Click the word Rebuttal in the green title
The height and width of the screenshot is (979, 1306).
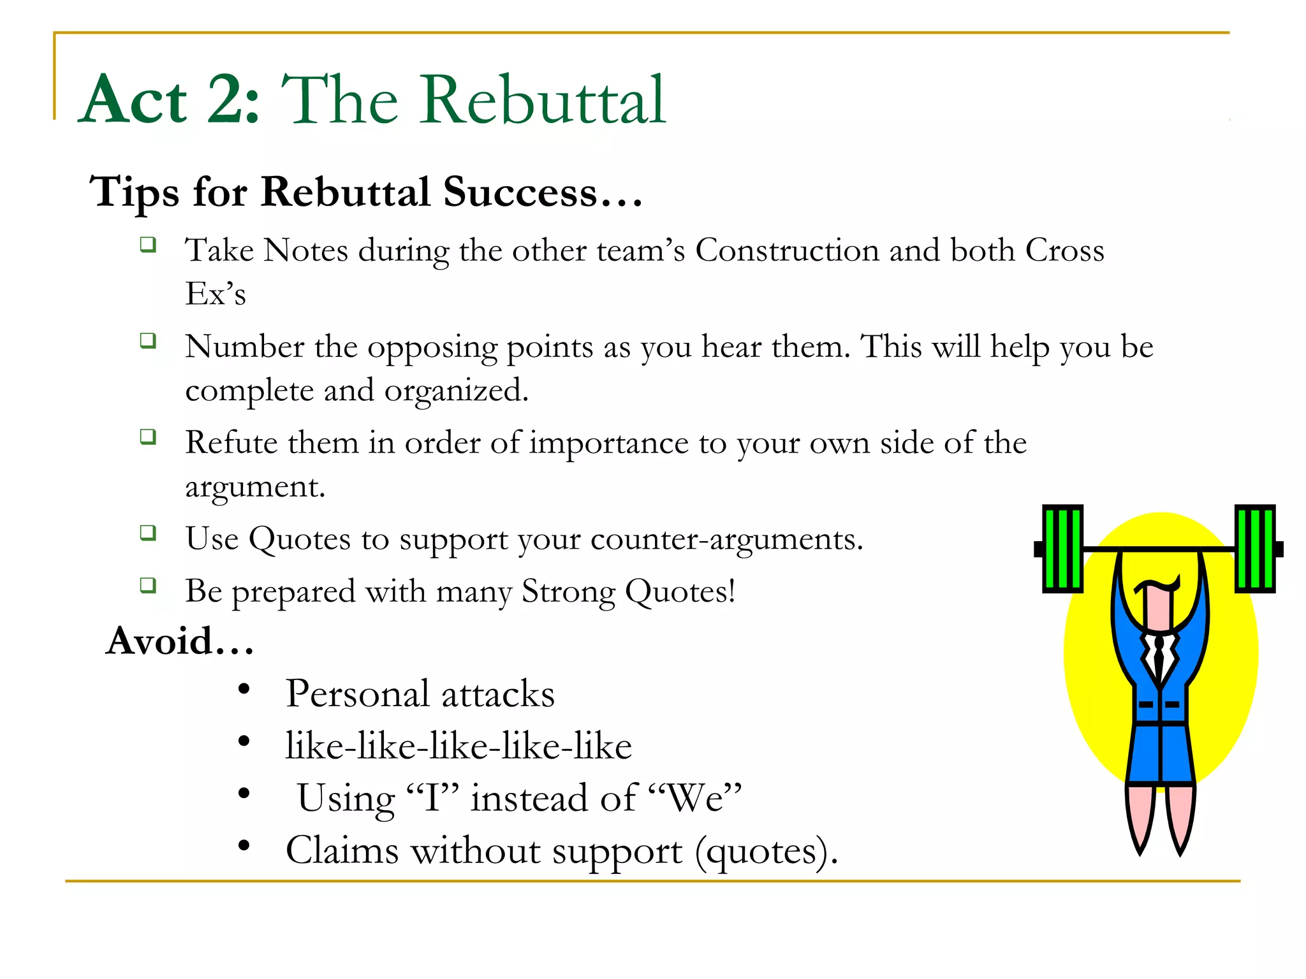[x=542, y=101]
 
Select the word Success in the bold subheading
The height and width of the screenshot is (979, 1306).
[x=520, y=192]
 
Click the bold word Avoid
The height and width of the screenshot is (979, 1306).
[x=159, y=641]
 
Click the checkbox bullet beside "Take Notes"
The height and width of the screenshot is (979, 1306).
[x=148, y=244]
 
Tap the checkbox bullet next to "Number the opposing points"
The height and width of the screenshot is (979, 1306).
[x=148, y=341]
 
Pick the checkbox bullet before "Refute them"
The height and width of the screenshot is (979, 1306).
[x=148, y=437]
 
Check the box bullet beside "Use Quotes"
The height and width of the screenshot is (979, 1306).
[x=148, y=533]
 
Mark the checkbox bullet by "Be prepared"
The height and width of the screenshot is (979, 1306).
[x=148, y=585]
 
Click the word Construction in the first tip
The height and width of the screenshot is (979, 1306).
[x=787, y=250]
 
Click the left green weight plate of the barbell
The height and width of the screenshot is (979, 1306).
[x=1062, y=549]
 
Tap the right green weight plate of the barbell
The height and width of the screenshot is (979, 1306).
[x=1255, y=549]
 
